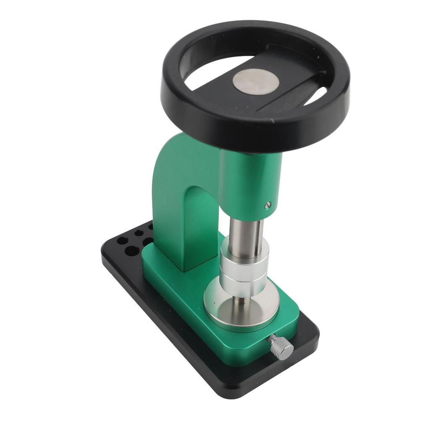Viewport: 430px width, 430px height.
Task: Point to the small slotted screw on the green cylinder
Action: [x=268, y=205]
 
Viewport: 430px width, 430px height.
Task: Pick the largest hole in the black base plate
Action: [x=132, y=251]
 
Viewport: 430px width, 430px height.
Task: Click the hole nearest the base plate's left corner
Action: [x=122, y=241]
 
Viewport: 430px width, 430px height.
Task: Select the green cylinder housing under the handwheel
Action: [x=252, y=181]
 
